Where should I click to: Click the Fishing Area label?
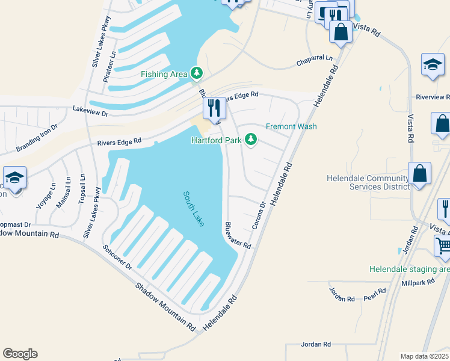click(164, 74)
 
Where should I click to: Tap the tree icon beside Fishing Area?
click(196, 73)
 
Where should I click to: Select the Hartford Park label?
click(216, 140)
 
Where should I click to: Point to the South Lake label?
click(194, 208)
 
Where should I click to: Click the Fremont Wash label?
click(291, 126)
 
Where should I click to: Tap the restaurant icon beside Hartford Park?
click(214, 108)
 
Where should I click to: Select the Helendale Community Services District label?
click(367, 182)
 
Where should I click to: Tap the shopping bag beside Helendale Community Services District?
click(419, 173)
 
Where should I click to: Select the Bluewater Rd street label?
click(237, 235)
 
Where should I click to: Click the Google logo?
click(20, 354)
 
